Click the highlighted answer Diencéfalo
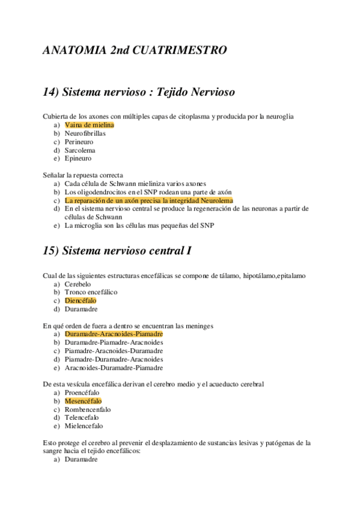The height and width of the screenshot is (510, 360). (x=81, y=301)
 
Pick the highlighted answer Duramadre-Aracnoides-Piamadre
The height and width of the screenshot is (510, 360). (x=114, y=334)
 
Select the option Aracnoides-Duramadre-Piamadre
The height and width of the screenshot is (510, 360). (x=114, y=367)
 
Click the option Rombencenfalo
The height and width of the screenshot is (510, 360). (x=88, y=409)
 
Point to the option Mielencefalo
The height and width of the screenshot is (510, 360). (x=84, y=426)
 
